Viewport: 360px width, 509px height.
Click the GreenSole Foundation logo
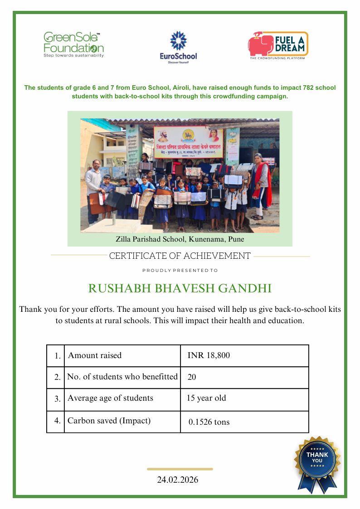(x=74, y=44)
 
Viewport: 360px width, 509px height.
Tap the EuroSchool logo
(x=178, y=48)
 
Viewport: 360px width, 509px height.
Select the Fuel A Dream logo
(x=277, y=45)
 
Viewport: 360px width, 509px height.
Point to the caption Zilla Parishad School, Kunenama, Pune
(x=180, y=239)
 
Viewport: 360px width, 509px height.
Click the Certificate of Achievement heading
(x=180, y=256)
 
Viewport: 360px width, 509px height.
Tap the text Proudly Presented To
(x=180, y=271)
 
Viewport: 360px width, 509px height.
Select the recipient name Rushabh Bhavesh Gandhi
(x=180, y=289)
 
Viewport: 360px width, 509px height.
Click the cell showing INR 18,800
(x=209, y=356)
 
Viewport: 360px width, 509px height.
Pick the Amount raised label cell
(x=95, y=356)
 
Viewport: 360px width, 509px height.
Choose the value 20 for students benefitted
(x=192, y=377)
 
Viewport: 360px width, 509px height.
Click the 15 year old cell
(x=206, y=398)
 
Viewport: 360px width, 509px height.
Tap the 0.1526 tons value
(x=209, y=422)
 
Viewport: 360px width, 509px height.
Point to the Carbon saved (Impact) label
(x=109, y=421)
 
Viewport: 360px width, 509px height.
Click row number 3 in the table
(x=57, y=399)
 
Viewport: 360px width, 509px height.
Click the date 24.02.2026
(x=178, y=480)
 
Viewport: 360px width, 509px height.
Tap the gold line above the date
(x=180, y=469)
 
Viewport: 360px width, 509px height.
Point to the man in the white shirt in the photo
(x=94, y=184)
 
